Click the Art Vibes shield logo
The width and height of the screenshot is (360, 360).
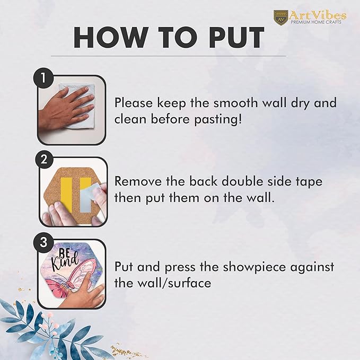[281, 17]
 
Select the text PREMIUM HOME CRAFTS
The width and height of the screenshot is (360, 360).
[316, 22]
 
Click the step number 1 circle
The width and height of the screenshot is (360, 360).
[43, 78]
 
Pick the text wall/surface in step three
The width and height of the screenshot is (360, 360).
[174, 283]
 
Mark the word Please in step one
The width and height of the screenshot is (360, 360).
[134, 102]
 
